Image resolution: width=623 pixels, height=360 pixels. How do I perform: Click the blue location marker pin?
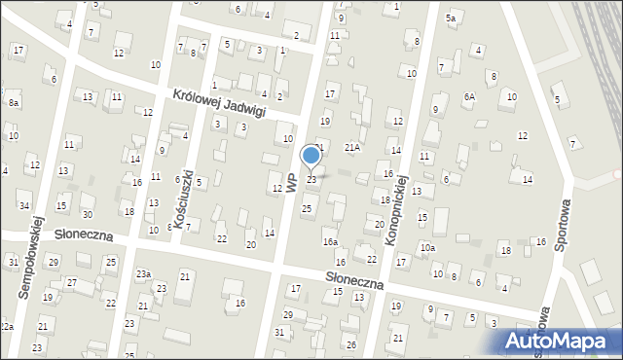pyautogui.click(x=311, y=156)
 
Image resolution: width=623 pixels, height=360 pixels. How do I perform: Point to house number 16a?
pyautogui.click(x=331, y=241)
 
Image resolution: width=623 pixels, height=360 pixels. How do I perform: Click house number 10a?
pyautogui.click(x=428, y=248)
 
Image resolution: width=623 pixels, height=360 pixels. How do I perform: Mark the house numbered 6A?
pyautogui.click(x=469, y=96)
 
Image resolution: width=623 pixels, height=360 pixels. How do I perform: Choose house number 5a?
pyautogui.click(x=451, y=18)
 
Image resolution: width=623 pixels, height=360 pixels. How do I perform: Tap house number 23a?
pyautogui.click(x=143, y=274)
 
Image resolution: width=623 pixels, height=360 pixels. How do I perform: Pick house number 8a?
pyautogui.click(x=13, y=102)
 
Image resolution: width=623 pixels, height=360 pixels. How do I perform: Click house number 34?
pyautogui.click(x=23, y=205)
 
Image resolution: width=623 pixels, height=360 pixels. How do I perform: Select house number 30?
pyautogui.click(x=87, y=214)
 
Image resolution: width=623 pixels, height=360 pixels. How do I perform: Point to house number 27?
pyautogui.click(x=71, y=282)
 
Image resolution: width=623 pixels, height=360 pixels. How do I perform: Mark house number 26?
pyautogui.click(x=351, y=345)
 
